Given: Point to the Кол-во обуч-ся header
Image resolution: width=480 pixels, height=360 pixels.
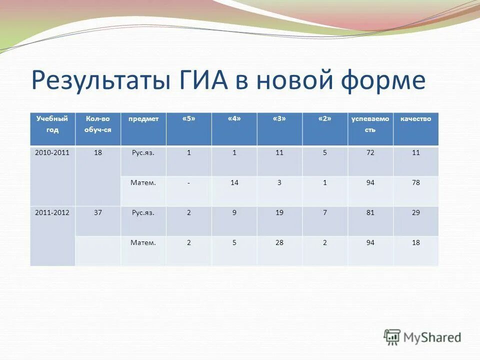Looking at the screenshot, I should coord(97,124).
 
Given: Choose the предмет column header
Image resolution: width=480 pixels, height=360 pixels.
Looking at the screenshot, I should coord(143,119).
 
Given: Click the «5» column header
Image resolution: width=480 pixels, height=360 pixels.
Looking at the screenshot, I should coord(188,119).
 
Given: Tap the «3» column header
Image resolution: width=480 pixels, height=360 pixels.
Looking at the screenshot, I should coord(279,119).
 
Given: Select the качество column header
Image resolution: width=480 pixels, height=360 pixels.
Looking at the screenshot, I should coord(415,119).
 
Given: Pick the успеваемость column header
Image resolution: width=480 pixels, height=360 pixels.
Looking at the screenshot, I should coord(370,124).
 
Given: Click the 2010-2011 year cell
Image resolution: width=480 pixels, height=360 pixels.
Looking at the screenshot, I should coord(52,153).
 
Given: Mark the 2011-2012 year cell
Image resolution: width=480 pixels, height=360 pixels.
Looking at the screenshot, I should coord(52,212).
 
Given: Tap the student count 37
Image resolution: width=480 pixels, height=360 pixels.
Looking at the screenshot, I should coord(98,212).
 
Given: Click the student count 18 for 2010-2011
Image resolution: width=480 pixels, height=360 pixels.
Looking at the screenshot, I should coord(98,153).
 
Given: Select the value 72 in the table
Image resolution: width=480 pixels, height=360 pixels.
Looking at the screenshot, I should coord(370,153).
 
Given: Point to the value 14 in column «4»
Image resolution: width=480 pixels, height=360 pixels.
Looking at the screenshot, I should coord(234,182).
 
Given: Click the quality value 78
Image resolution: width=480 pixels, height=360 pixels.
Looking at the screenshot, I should coord(415,182).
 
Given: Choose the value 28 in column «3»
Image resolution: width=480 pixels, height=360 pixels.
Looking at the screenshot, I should coord(279,242).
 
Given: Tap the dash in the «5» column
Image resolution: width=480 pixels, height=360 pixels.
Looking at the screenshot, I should coord(188,183).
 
